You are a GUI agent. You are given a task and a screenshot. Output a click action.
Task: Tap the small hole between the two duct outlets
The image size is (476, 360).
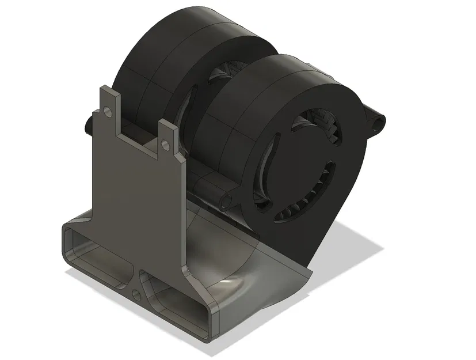[136, 295]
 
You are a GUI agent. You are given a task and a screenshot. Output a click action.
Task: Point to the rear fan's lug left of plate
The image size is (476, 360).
[87, 124]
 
